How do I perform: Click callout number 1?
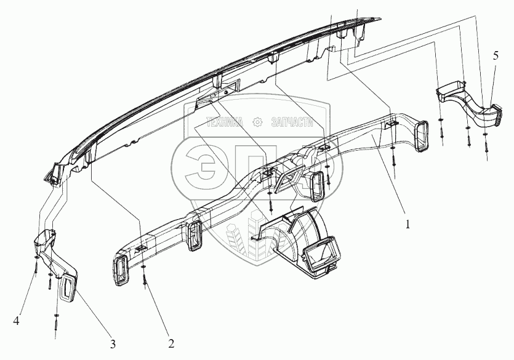(x=408, y=224)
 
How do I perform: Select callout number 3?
(x=113, y=343)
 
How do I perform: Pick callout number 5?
(x=496, y=55)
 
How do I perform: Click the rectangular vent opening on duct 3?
(x=67, y=289)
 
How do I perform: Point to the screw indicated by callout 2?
(x=145, y=279)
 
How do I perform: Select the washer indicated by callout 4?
(x=37, y=258)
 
